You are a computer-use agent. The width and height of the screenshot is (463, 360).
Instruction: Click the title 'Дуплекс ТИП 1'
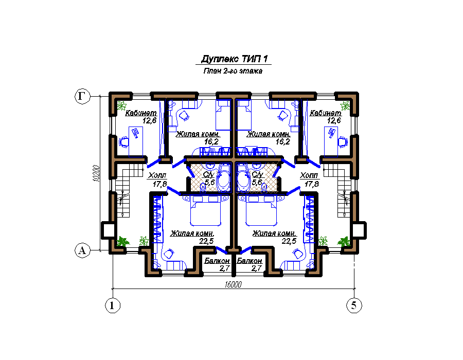(235, 59)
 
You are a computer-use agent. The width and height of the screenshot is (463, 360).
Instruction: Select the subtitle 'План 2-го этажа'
(233, 71)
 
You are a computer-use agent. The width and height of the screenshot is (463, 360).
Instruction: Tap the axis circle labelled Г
(82, 96)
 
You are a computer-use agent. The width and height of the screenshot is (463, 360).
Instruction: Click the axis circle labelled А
(82, 250)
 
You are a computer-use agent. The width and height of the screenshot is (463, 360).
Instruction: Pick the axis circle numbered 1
(113, 305)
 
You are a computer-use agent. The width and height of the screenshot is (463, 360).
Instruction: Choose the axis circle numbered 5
(354, 305)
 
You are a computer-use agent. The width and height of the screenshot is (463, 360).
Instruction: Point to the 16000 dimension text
(233, 284)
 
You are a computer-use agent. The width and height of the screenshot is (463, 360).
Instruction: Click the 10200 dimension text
(96, 173)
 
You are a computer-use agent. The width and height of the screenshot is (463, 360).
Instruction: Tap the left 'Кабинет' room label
(141, 113)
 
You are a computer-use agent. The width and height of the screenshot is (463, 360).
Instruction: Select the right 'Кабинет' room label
(326, 113)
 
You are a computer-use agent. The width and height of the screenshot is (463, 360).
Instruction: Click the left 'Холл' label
(157, 175)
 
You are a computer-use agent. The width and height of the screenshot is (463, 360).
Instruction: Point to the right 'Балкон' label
(250, 261)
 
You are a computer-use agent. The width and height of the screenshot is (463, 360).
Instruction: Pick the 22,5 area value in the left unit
(206, 241)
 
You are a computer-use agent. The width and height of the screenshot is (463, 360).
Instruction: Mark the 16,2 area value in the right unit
(282, 141)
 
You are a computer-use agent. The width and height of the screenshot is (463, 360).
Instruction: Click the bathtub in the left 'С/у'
(224, 179)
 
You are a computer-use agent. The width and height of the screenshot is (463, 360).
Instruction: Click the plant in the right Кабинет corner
(345, 105)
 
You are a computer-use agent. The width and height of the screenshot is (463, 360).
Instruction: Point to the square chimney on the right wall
(359, 230)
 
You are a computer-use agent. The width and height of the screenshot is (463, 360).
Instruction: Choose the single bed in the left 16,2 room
(223, 115)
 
